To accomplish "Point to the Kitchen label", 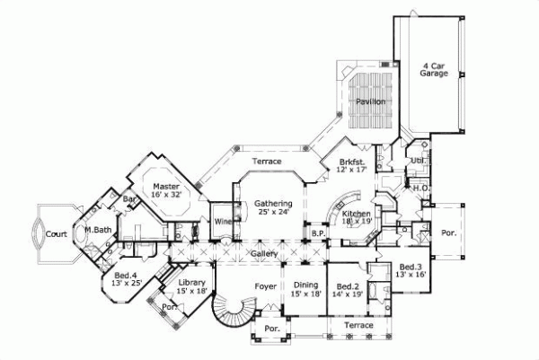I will click(353, 214).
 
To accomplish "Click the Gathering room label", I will click(271, 206).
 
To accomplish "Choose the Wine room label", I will click(222, 220).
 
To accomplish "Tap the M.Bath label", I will click(97, 232).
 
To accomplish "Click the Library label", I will click(193, 285).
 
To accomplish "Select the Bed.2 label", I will click(348, 288).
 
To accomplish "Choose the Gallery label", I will click(263, 255).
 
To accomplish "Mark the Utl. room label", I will click(417, 159).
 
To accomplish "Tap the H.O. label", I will click(420, 188).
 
